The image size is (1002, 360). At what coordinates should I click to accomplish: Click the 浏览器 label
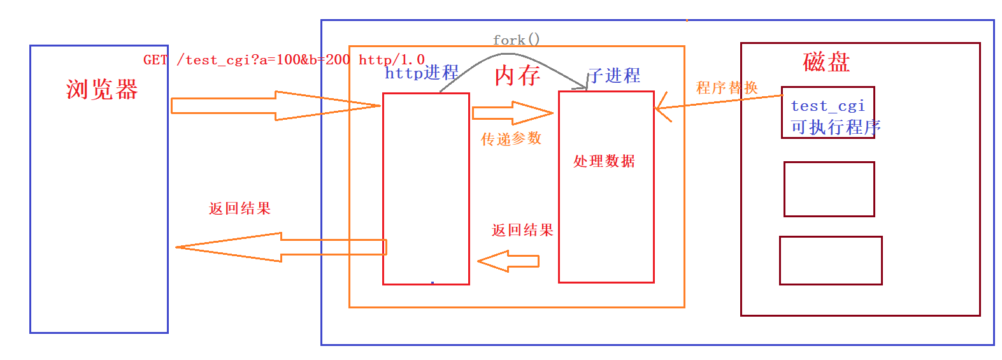click(102, 90)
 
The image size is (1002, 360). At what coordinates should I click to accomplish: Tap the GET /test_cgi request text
click(283, 60)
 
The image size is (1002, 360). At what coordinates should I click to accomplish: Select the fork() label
click(516, 40)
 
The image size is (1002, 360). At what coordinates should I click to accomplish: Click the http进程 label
click(422, 73)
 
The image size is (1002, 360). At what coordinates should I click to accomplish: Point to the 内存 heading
click(517, 76)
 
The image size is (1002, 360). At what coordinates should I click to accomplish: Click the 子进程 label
click(614, 76)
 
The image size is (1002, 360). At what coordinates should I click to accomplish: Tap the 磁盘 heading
click(826, 62)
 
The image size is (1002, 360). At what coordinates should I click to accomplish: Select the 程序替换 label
click(727, 87)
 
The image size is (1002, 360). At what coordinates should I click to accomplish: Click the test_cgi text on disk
click(827, 106)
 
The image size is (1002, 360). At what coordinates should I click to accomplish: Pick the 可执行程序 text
click(835, 127)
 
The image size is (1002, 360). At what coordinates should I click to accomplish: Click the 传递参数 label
click(511, 139)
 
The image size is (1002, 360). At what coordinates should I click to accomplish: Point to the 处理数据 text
click(604, 161)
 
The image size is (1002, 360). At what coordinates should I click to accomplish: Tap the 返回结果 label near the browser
click(240, 208)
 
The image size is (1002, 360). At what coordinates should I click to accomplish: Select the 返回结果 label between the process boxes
click(522, 230)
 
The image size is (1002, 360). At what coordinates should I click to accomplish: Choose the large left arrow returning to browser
click(280, 247)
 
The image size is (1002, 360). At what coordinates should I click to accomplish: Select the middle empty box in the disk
click(829, 189)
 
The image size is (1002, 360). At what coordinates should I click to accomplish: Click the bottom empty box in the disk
click(831, 261)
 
